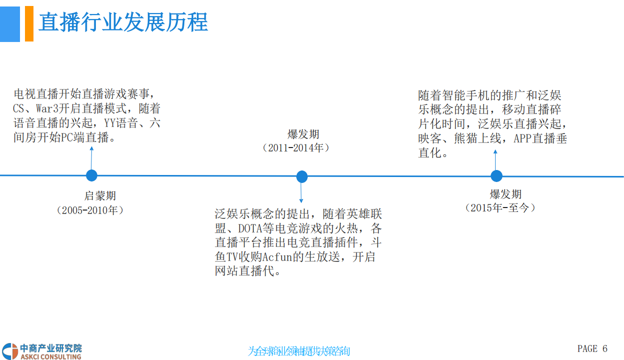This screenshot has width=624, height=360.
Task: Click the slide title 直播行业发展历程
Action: coord(123,23)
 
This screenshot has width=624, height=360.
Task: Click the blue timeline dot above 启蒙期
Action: coord(91,175)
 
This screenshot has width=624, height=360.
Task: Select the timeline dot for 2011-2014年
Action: coord(302,176)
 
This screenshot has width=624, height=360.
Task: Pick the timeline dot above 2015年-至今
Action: coord(496,176)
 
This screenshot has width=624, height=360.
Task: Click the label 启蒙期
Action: coord(100,196)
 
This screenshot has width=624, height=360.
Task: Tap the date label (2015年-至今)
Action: coord(500,207)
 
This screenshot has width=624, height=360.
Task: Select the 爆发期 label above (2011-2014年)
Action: coord(303,134)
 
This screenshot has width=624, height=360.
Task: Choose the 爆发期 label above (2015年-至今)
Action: coord(506,194)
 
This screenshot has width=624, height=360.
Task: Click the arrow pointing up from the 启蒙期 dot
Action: coord(91,157)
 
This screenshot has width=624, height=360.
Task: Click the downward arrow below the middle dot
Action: coord(301,192)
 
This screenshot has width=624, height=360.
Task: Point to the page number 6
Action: coord(605,348)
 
